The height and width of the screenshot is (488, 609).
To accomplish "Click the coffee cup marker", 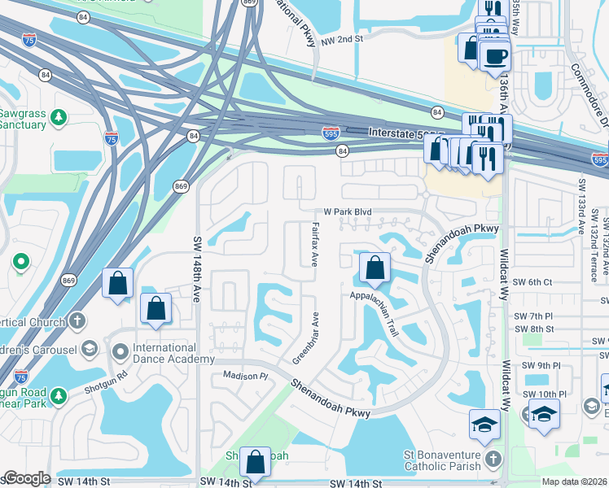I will [x=495, y=56].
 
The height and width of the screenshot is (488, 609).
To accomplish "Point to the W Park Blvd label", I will [x=348, y=211].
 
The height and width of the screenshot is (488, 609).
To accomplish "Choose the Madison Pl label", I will [x=246, y=376].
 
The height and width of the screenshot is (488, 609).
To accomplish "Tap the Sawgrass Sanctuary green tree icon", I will [x=58, y=119].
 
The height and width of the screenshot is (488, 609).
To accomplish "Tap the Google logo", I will [x=27, y=478].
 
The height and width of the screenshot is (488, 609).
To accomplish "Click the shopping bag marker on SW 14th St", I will [x=256, y=461].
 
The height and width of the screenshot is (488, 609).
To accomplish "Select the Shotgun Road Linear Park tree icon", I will [x=58, y=397].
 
